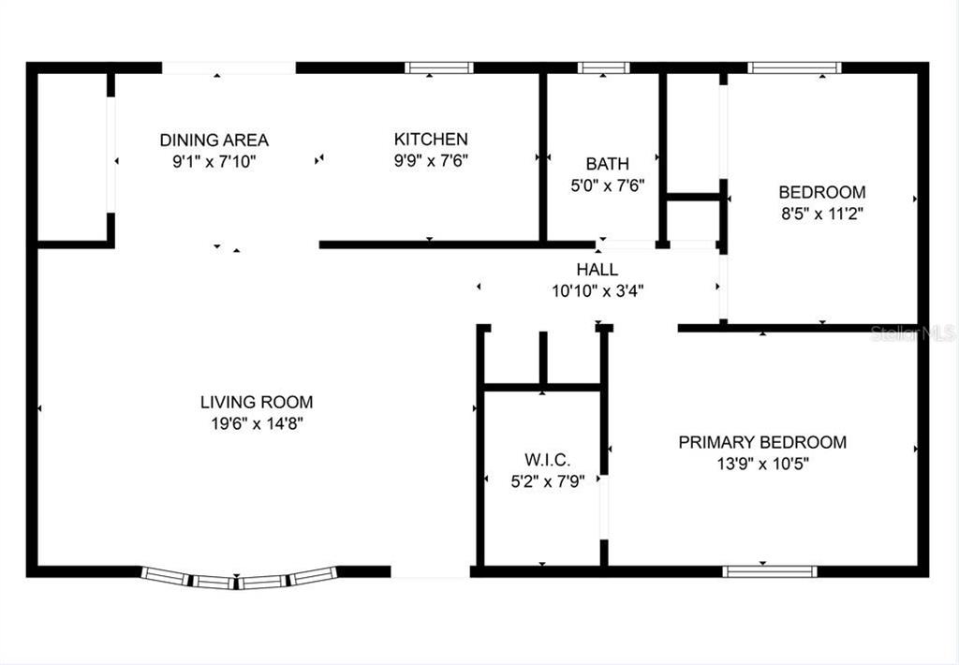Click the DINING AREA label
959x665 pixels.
click(214, 140)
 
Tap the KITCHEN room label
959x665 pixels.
click(431, 139)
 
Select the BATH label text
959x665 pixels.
click(607, 164)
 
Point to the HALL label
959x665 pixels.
click(597, 270)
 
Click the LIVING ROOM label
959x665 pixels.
click(257, 402)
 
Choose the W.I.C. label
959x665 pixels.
click(547, 460)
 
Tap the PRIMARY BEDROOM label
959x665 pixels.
click(762, 442)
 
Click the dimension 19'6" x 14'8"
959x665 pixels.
click(257, 423)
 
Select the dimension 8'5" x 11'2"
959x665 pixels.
click(822, 214)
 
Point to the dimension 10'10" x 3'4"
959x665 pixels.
click(598, 291)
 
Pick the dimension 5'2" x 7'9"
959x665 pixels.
click(547, 481)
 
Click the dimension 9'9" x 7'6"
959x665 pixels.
click(431, 161)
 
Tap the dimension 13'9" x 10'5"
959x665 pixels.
click(762, 464)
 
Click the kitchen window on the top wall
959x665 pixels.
click(439, 67)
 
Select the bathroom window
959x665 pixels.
click(604, 67)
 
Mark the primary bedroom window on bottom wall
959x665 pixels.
click(770, 571)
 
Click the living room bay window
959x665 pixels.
click(239, 579)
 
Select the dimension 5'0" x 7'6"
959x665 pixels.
click(607, 185)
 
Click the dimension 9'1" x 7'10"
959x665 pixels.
click(214, 162)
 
